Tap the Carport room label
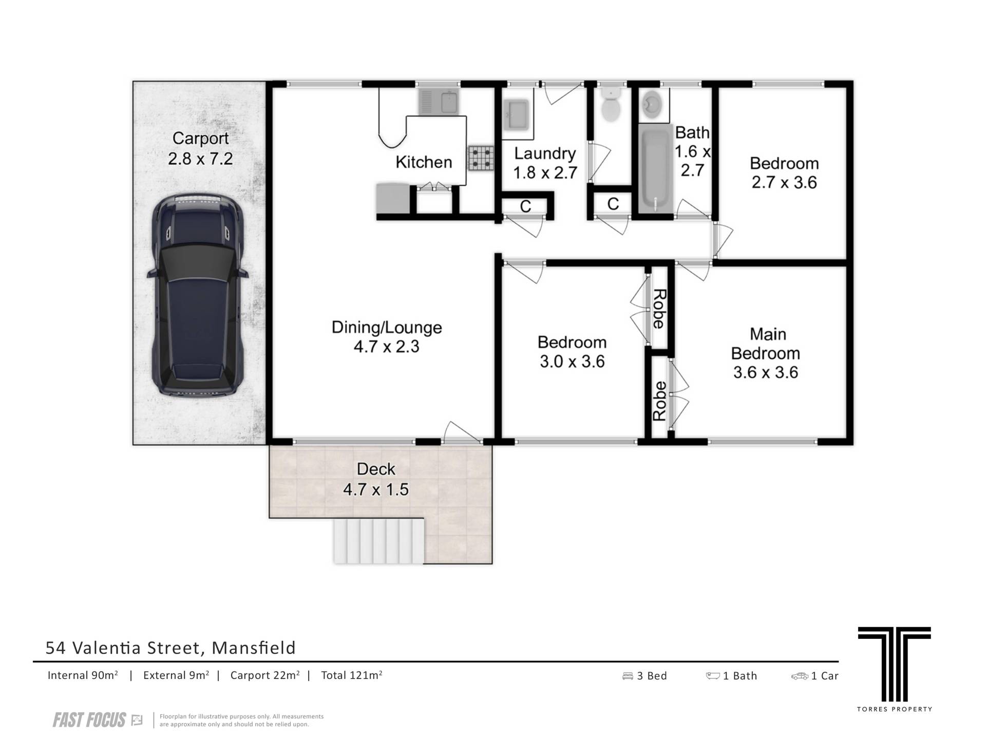tap(200, 138)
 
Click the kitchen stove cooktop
tap(481, 158)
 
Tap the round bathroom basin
tap(652, 105)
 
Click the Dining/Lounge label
tap(387, 327)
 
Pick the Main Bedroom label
tap(766, 344)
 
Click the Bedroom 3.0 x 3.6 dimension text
tap(572, 362)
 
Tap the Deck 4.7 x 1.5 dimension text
tap(376, 490)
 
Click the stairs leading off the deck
tap(379, 541)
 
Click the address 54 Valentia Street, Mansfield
tap(170, 648)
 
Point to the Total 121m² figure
tap(352, 675)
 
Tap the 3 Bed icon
tap(628, 676)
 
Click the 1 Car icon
tap(800, 676)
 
